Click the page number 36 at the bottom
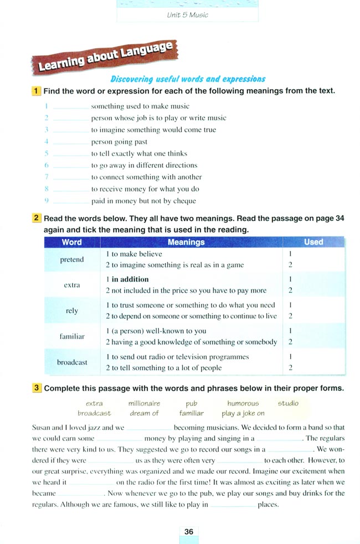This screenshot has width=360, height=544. point(189,531)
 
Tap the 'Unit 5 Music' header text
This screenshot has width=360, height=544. point(187,15)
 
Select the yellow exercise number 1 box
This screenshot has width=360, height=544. point(36,91)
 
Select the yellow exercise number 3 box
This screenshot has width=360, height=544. point(36,388)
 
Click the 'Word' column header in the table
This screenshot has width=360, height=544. point(71,242)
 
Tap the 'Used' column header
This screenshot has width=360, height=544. point(313,242)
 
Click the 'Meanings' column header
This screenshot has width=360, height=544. point(186,242)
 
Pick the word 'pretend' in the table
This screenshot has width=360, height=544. point(71,259)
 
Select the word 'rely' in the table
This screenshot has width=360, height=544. point(72,310)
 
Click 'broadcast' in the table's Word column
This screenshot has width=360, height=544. point(72,362)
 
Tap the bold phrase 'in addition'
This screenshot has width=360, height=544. point(130,279)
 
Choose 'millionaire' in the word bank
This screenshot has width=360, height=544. point(144,403)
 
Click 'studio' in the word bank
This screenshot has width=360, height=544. point(288,403)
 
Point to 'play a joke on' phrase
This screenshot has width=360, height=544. point(243,413)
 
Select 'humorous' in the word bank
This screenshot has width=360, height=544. point(243,403)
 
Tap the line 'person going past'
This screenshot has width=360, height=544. point(119,142)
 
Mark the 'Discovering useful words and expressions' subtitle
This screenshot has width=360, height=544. point(188,79)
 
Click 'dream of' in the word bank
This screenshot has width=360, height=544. point(144,413)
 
